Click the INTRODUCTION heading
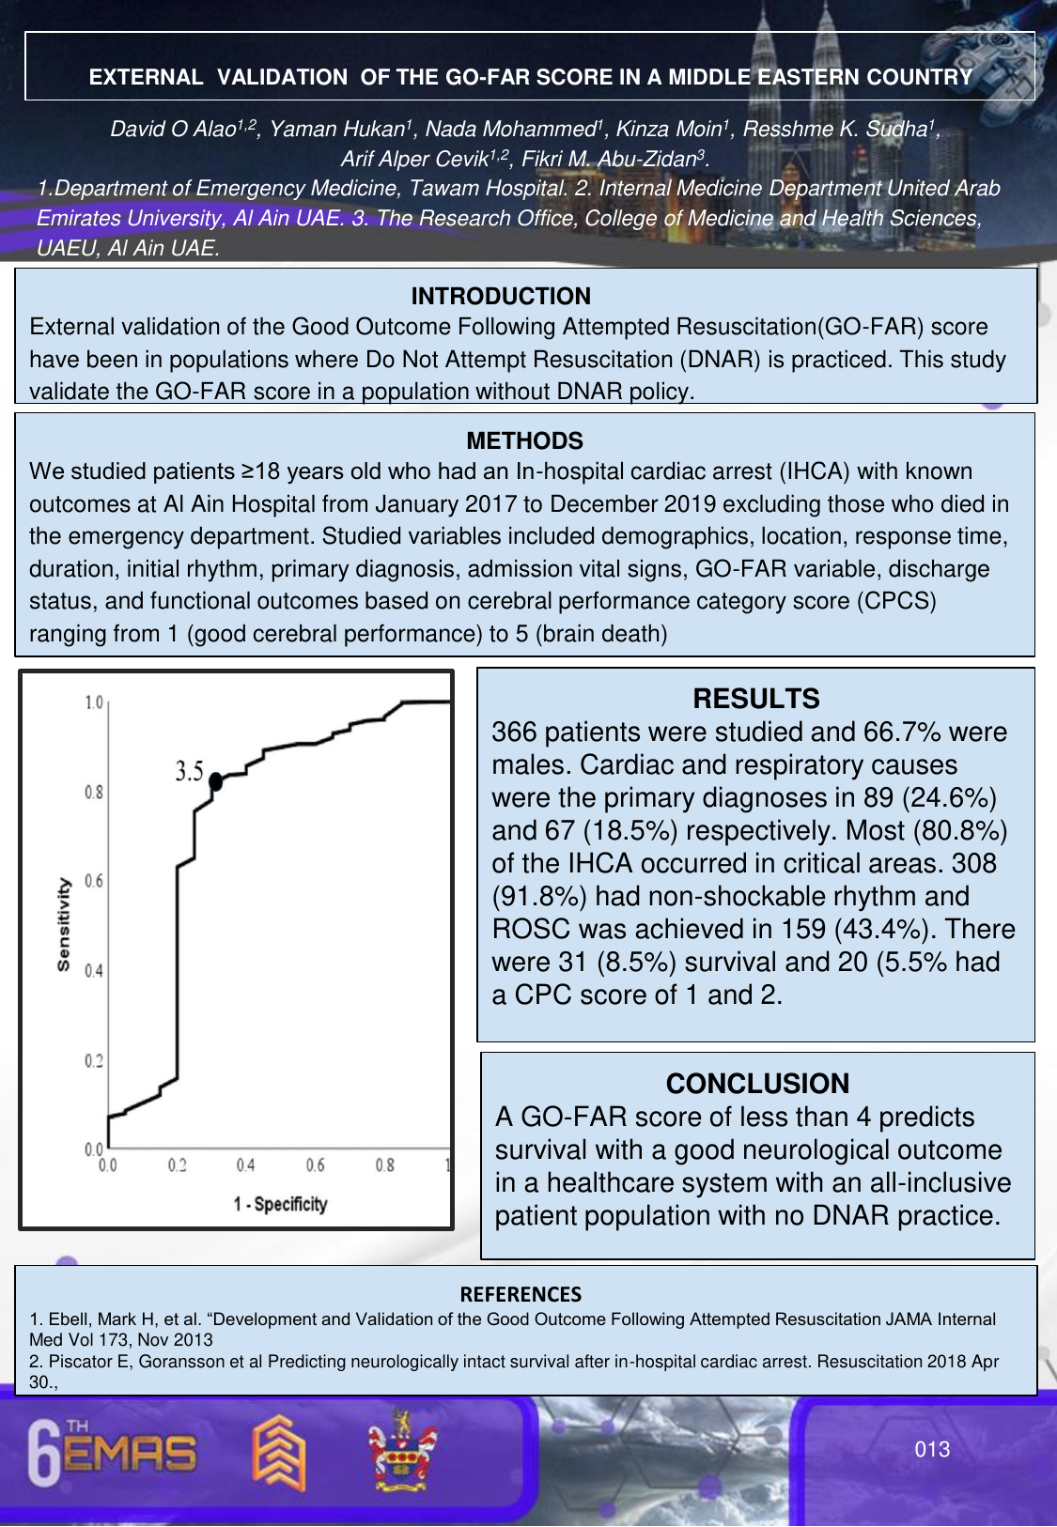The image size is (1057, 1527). tap(501, 296)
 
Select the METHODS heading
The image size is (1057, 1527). tap(524, 440)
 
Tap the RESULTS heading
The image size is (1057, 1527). tap(755, 699)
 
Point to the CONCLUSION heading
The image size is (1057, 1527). tap(757, 1084)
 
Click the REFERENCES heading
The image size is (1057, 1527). tap(521, 1294)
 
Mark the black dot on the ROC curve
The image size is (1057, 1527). tap(215, 780)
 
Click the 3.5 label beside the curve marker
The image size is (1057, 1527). tap(189, 772)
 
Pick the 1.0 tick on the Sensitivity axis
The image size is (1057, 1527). tap(94, 702)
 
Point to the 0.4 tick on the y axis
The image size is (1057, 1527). tap(94, 970)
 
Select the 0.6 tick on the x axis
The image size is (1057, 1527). tap(315, 1165)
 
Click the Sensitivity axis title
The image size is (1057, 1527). tap(64, 924)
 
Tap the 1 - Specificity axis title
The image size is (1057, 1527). tap(280, 1204)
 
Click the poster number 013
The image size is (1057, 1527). tap(932, 1449)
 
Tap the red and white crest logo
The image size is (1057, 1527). tap(402, 1452)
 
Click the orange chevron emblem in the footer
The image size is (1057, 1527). tap(279, 1452)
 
